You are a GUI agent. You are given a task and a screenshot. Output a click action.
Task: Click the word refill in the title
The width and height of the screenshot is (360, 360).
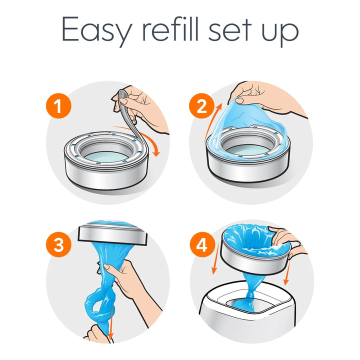pos(170,28)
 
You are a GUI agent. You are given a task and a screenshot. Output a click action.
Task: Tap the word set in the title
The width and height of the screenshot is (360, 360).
pos(230,30)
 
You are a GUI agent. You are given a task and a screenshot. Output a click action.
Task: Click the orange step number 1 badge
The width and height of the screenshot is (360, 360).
pos(59,106)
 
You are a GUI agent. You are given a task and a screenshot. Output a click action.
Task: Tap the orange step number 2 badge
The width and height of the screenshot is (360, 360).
pos(201,106)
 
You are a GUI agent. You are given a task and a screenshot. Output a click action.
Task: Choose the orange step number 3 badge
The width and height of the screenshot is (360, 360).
pos(59,244)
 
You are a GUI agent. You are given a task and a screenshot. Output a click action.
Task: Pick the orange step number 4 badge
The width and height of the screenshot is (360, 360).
pos(202,244)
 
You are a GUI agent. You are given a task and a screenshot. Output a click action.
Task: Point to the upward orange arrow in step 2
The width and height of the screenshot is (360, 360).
pos(212,121)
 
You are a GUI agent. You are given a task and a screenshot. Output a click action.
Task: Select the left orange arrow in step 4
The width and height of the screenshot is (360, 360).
pos(215,259)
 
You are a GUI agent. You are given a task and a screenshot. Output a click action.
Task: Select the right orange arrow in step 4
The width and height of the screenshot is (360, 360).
pos(287,273)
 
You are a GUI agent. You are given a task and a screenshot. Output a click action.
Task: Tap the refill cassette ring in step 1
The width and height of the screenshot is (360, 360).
pos(106,160)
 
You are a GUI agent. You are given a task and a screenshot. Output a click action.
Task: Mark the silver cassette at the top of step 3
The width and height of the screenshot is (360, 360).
pos(112,232)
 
